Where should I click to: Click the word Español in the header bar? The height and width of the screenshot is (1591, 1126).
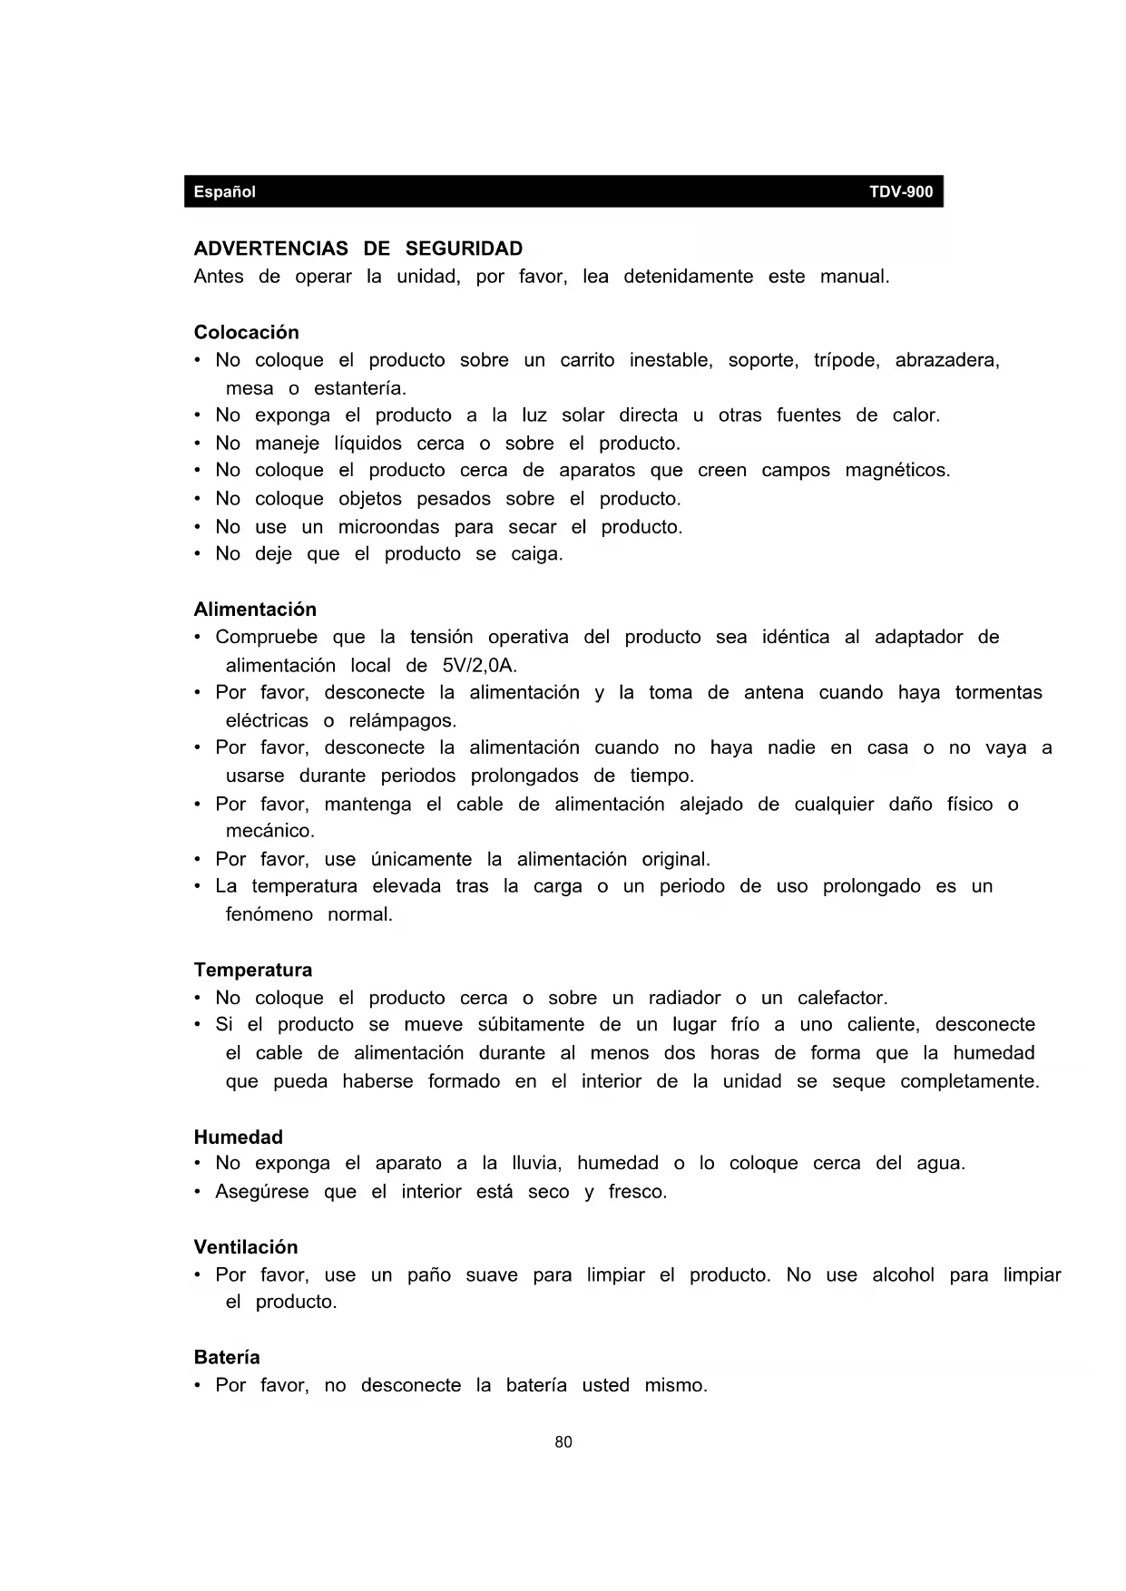point(224,192)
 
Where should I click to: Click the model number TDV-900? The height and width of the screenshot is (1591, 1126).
point(901,192)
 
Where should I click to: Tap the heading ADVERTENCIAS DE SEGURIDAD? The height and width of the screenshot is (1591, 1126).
point(358,249)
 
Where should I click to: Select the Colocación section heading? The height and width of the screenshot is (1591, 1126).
point(246,332)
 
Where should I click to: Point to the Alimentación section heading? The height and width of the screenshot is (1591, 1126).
point(255,610)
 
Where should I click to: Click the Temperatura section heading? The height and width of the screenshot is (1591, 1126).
point(253,970)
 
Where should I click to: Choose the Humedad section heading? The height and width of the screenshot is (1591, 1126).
point(239,1137)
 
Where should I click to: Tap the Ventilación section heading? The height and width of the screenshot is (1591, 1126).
point(246,1247)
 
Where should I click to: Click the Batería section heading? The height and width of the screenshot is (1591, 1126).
point(227,1358)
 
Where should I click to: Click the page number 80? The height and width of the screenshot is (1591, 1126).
point(563,1442)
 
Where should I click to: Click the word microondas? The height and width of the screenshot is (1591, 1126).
point(388,527)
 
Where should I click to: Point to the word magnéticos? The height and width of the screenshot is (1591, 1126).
point(897,471)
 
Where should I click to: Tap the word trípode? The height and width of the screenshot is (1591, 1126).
point(847,360)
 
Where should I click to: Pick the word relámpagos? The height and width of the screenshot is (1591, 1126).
point(402,721)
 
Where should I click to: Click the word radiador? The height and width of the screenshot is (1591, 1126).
point(684,999)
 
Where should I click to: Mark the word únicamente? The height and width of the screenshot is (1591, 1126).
point(421,859)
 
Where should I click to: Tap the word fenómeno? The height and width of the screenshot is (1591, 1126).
point(269,914)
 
